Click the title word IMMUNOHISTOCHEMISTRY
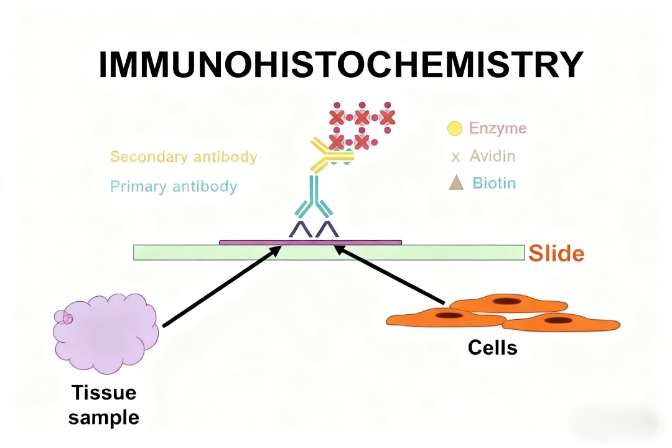pyautogui.click(x=340, y=65)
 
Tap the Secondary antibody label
pyautogui.click(x=184, y=156)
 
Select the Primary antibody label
pyautogui.click(x=174, y=186)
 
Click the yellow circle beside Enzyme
pyautogui.click(x=455, y=129)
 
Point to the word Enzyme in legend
pyautogui.click(x=497, y=129)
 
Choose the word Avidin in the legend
pyautogui.click(x=492, y=156)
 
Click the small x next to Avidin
pyautogui.click(x=455, y=157)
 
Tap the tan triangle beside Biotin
pyautogui.click(x=456, y=183)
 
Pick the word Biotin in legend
pyautogui.click(x=493, y=183)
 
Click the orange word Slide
pyautogui.click(x=556, y=253)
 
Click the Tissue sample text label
pyautogui.click(x=103, y=404)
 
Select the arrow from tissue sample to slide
pyautogui.click(x=218, y=286)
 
